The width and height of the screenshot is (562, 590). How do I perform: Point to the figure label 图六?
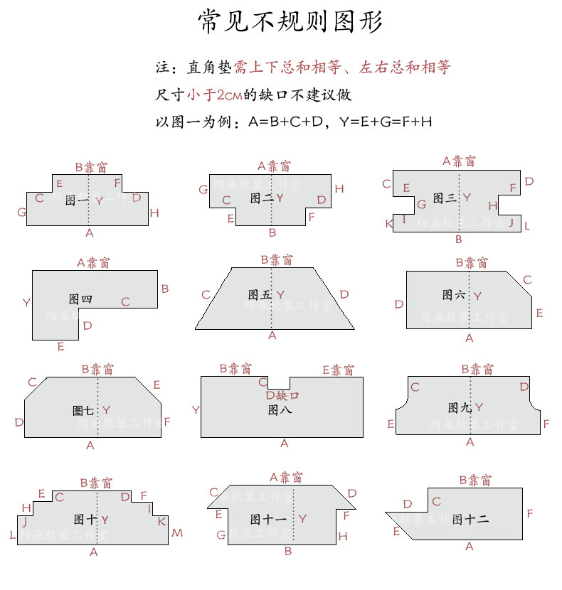(453, 294)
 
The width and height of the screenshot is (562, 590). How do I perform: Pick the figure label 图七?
(83, 410)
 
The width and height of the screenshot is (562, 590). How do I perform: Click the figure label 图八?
(280, 410)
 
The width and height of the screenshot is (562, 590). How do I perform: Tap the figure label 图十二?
(470, 519)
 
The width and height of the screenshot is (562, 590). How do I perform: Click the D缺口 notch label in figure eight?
(282, 395)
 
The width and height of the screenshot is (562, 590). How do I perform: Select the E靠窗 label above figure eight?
(338, 370)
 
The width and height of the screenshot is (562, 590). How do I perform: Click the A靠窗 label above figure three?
(459, 161)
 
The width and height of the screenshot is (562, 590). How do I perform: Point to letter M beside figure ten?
(177, 532)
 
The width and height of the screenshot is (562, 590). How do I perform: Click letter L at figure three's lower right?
(526, 225)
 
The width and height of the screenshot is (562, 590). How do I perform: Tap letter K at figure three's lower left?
(389, 224)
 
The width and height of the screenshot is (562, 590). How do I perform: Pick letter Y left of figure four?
(26, 303)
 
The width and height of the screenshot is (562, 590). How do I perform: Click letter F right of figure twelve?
(530, 513)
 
